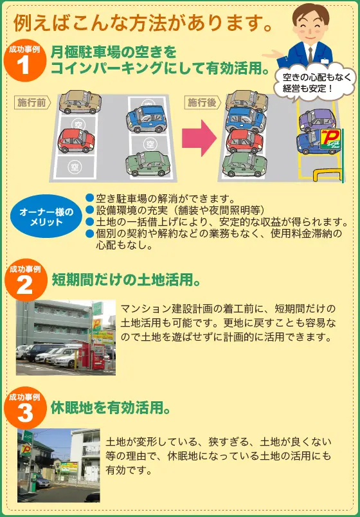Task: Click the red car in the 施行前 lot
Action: pyautogui.click(x=76, y=140)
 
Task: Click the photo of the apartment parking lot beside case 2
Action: pyautogui.click(x=66, y=338)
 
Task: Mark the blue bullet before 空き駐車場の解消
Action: pyautogui.click(x=89, y=197)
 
